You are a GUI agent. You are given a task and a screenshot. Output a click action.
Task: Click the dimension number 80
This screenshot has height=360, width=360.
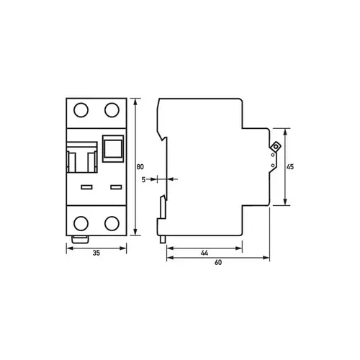(x=140, y=166)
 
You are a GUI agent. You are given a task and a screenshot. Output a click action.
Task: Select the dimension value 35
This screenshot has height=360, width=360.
(x=96, y=253)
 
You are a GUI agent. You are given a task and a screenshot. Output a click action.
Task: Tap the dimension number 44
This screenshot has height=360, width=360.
(x=204, y=253)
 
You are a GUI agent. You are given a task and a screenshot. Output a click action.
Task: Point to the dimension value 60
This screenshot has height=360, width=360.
(x=218, y=263)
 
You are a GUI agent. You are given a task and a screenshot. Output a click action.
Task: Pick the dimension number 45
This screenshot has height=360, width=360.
(x=290, y=166)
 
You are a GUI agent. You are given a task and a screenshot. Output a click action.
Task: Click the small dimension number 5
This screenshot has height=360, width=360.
(x=143, y=180)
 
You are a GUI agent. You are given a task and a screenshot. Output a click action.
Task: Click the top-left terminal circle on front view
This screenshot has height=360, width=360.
(x=81, y=110)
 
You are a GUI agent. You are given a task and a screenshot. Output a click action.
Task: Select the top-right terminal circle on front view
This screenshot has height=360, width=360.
(x=112, y=110)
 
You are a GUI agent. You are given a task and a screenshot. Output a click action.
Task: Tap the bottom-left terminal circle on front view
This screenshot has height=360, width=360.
(x=81, y=223)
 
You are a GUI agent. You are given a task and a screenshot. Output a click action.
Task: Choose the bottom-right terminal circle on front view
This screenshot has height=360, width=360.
(x=112, y=223)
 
